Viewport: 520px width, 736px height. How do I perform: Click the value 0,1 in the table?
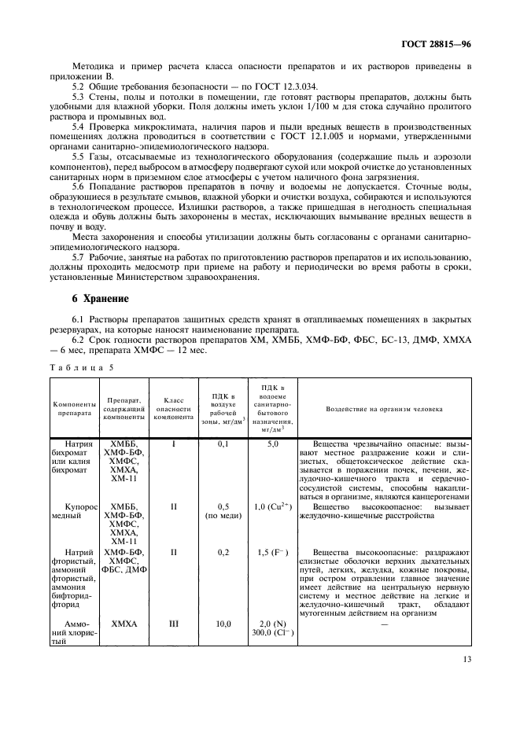tap(223, 444)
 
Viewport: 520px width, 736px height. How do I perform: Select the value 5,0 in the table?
tap(274, 444)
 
